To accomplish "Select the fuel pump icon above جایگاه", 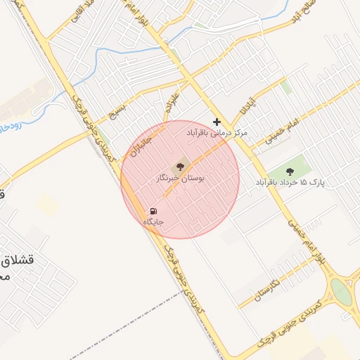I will click(x=154, y=211).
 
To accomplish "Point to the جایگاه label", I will click(x=154, y=222).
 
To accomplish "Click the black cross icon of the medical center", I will click(x=217, y=122).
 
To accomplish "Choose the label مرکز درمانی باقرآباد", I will click(x=217, y=132).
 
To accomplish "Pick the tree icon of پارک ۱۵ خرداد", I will click(x=290, y=171).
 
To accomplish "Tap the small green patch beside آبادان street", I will click(x=285, y=86).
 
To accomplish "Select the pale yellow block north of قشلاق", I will click(x=49, y=205).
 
